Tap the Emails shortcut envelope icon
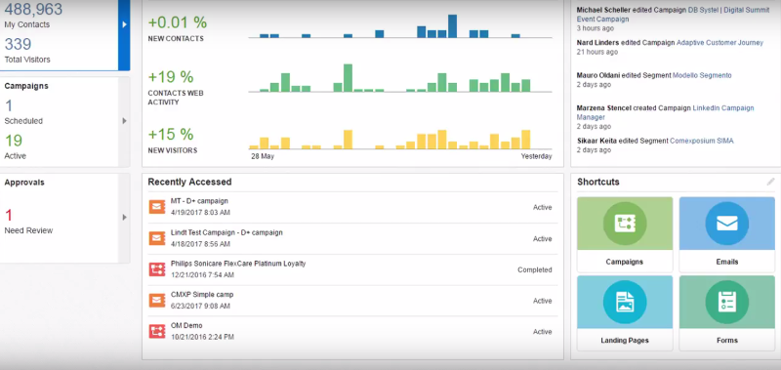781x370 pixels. click(x=726, y=225)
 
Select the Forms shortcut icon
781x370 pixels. click(x=726, y=303)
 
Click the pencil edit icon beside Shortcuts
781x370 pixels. click(x=770, y=182)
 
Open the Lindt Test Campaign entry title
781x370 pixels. click(x=226, y=232)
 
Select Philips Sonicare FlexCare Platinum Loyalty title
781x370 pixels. click(x=239, y=264)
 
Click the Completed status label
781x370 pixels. click(x=535, y=269)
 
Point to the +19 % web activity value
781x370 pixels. click(x=171, y=76)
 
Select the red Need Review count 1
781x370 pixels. click(x=9, y=214)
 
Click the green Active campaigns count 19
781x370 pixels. click(x=13, y=140)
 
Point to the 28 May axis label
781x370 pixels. click(x=262, y=156)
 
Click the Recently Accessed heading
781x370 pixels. click(x=190, y=182)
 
